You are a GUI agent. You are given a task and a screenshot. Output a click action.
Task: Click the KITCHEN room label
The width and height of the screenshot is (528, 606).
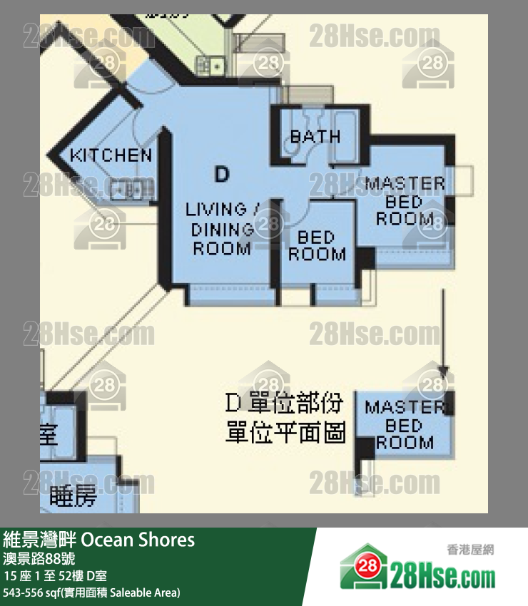tap(111, 155)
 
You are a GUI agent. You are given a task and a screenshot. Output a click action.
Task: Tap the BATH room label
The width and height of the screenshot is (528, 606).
tap(315, 136)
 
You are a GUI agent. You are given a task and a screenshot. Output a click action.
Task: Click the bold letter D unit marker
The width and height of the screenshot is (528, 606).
tap(222, 173)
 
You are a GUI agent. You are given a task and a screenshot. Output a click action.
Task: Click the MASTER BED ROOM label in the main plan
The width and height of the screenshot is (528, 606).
tap(405, 202)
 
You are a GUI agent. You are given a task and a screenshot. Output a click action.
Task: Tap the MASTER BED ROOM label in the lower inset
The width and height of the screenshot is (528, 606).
tap(404, 425)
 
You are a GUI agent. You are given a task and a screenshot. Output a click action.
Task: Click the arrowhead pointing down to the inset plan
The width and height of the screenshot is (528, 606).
tap(444, 371)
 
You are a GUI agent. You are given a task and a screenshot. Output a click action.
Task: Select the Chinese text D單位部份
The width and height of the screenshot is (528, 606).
tap(284, 404)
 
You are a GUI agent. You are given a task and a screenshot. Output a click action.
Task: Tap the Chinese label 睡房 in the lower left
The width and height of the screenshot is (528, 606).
tap(73, 496)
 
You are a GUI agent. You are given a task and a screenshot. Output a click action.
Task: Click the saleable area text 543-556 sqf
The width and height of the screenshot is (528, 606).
tap(92, 592)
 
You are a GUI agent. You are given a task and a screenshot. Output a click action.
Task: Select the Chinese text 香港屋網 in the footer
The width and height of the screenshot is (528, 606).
tap(470, 550)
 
